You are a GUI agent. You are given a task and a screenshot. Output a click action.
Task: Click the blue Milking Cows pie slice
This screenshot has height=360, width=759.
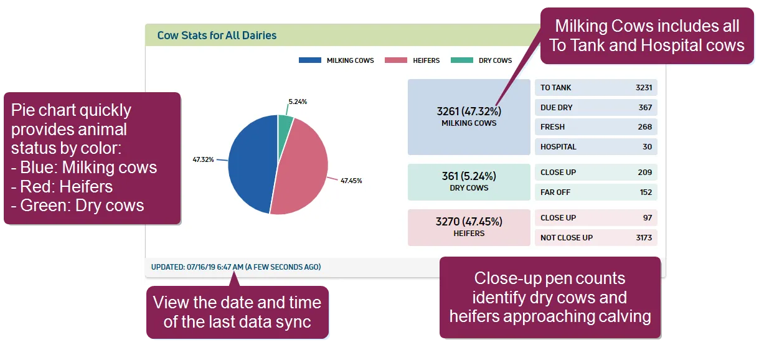coord(251,164)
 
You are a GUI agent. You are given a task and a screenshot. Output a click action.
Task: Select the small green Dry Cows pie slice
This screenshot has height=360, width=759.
coord(284,131)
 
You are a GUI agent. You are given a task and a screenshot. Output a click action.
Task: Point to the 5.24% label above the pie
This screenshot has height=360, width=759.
coord(298,102)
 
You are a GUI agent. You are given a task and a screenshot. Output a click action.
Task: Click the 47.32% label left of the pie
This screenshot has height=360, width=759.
coord(203,159)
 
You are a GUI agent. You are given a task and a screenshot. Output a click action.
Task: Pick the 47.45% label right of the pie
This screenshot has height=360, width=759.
coord(351,181)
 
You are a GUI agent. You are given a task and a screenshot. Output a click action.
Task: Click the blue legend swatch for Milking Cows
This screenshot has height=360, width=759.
coord(309,60)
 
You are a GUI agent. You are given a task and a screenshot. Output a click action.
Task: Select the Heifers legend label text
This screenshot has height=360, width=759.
coord(426,60)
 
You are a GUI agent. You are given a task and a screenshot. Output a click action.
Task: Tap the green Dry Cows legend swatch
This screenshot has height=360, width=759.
coord(461,60)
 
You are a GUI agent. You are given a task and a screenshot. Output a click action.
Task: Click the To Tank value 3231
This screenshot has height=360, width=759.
coord(643,88)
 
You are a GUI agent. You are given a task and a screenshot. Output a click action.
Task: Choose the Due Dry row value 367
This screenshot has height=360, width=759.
coord(645,108)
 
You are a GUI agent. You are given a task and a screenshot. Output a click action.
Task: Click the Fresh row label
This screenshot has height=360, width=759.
coord(552,127)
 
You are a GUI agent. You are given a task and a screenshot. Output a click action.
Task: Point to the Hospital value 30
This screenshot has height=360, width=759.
coord(647,147)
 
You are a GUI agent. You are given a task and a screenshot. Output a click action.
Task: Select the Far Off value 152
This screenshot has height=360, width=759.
coord(646,192)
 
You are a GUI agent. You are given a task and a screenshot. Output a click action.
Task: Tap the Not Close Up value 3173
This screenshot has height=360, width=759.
coord(644,238)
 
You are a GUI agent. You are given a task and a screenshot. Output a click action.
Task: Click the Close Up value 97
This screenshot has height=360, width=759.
coord(648,217)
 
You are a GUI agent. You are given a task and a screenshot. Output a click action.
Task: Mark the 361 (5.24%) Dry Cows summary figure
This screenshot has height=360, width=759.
coord(469,176)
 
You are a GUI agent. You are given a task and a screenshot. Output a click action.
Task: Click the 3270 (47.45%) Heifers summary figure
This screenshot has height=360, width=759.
coord(469,222)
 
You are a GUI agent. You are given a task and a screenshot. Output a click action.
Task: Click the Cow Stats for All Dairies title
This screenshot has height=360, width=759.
coord(217,36)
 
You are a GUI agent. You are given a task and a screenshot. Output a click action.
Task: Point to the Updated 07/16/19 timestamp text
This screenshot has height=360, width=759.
coord(236,267)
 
